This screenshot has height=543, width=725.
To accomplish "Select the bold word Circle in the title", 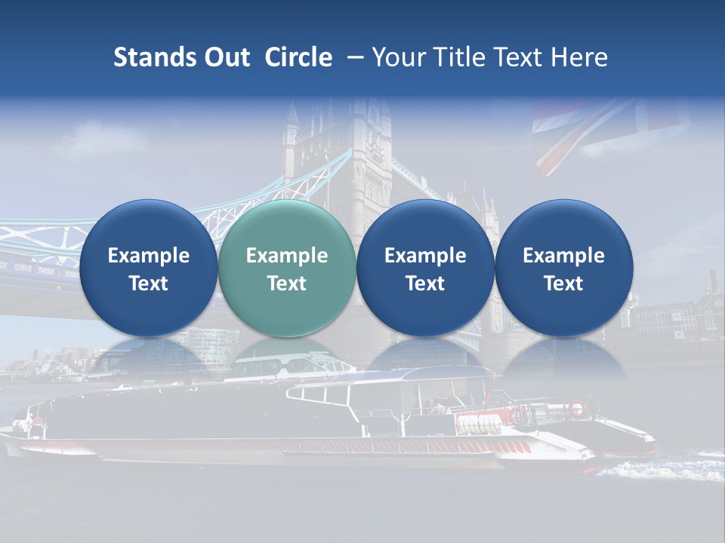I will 298,57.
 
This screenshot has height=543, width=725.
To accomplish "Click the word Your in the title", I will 395,57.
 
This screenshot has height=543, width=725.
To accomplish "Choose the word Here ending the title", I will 578,57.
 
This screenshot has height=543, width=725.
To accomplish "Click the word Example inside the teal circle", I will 286,256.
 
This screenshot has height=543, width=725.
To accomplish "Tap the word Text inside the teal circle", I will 286,284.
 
